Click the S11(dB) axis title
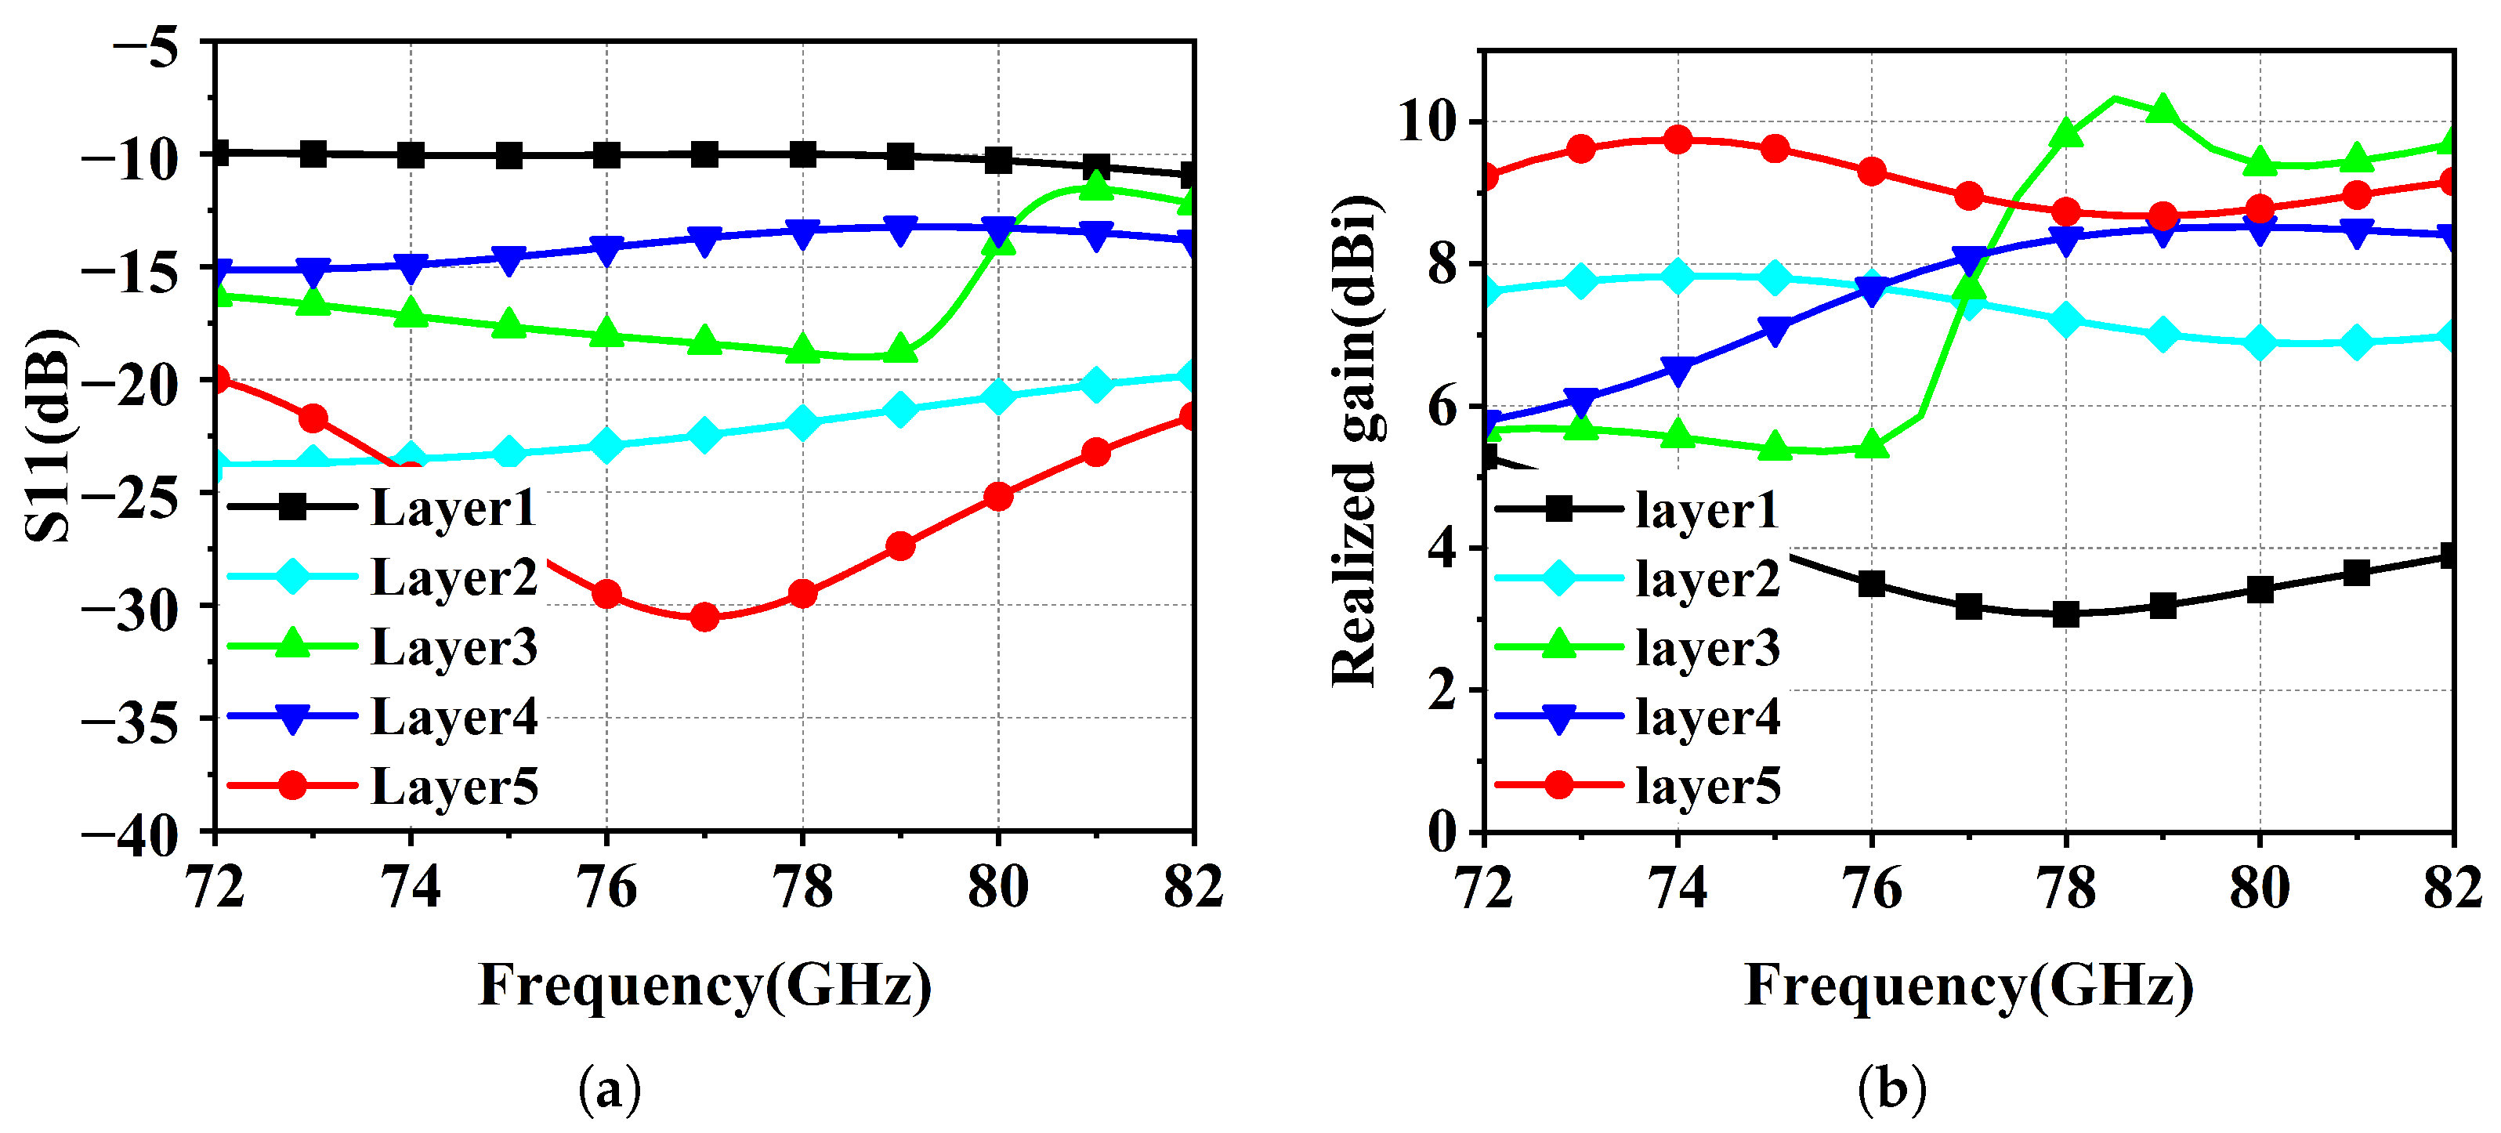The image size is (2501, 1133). (x=49, y=435)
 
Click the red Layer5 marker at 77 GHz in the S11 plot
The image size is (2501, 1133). (x=705, y=617)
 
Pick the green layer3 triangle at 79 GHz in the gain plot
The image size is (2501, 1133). (x=2163, y=109)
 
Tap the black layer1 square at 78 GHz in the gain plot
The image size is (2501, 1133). (x=2065, y=614)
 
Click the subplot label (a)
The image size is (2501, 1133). (x=610, y=1089)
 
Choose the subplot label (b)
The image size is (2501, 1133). (x=1891, y=1089)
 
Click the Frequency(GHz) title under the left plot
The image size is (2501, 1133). (x=705, y=986)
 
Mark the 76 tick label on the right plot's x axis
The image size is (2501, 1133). (x=1871, y=888)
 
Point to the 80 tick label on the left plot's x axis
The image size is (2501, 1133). (x=997, y=888)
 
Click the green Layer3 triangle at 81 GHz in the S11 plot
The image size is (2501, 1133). (x=1095, y=186)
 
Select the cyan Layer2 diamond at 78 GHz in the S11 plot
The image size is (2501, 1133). (x=802, y=422)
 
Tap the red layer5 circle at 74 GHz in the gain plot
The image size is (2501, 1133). (x=1678, y=139)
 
